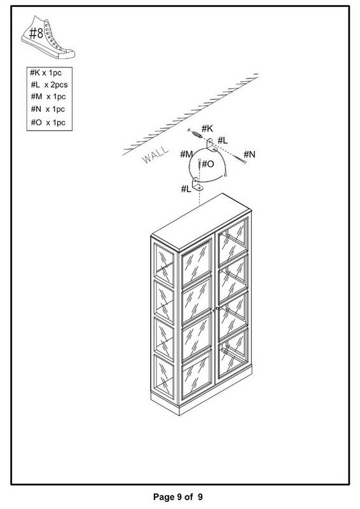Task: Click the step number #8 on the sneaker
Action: click(x=36, y=33)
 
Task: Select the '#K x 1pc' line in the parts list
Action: click(x=46, y=73)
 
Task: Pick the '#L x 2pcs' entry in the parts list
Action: click(x=50, y=85)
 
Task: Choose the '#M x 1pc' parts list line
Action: click(x=48, y=97)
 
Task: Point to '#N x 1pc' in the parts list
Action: click(x=48, y=109)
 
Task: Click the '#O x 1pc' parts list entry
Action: click(x=48, y=122)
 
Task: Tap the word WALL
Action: click(x=156, y=155)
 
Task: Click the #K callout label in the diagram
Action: click(x=207, y=129)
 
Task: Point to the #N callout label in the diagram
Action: click(x=249, y=154)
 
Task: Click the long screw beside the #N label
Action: click(x=240, y=159)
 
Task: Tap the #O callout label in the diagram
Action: click(x=208, y=164)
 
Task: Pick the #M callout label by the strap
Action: click(x=186, y=154)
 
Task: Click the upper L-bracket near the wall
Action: click(x=211, y=146)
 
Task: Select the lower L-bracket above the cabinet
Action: click(x=197, y=184)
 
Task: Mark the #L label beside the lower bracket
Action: click(x=186, y=188)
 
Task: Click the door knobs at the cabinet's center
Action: click(x=216, y=309)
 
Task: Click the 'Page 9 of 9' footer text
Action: click(x=178, y=497)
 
